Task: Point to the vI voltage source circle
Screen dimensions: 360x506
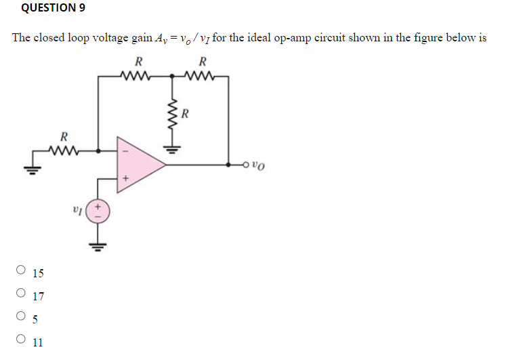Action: (x=98, y=208)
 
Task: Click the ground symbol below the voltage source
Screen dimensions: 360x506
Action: (x=98, y=243)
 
